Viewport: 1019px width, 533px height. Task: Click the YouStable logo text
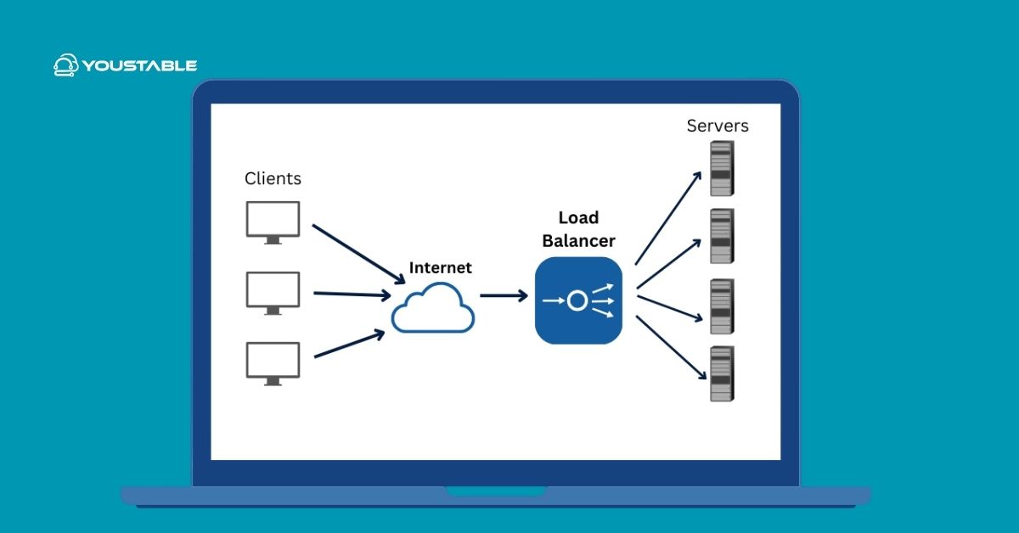139,65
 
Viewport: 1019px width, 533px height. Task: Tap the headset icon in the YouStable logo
66,65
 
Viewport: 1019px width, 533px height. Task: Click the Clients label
273,178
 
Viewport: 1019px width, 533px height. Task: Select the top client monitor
273,221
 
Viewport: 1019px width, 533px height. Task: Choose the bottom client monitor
273,362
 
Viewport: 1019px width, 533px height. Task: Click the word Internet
440,267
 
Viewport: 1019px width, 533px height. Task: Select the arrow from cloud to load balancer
503,296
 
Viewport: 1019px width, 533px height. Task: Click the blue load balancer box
578,300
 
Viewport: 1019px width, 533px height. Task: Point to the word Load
578,218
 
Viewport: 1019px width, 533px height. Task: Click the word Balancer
578,241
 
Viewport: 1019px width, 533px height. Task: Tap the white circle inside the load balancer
577,300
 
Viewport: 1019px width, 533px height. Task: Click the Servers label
718,126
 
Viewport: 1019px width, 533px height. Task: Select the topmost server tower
721,168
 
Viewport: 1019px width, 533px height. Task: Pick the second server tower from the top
721,236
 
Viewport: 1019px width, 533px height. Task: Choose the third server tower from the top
721,306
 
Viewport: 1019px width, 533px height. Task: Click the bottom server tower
721,373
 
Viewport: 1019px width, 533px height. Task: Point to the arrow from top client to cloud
357,253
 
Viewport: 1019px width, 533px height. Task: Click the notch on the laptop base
496,491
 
